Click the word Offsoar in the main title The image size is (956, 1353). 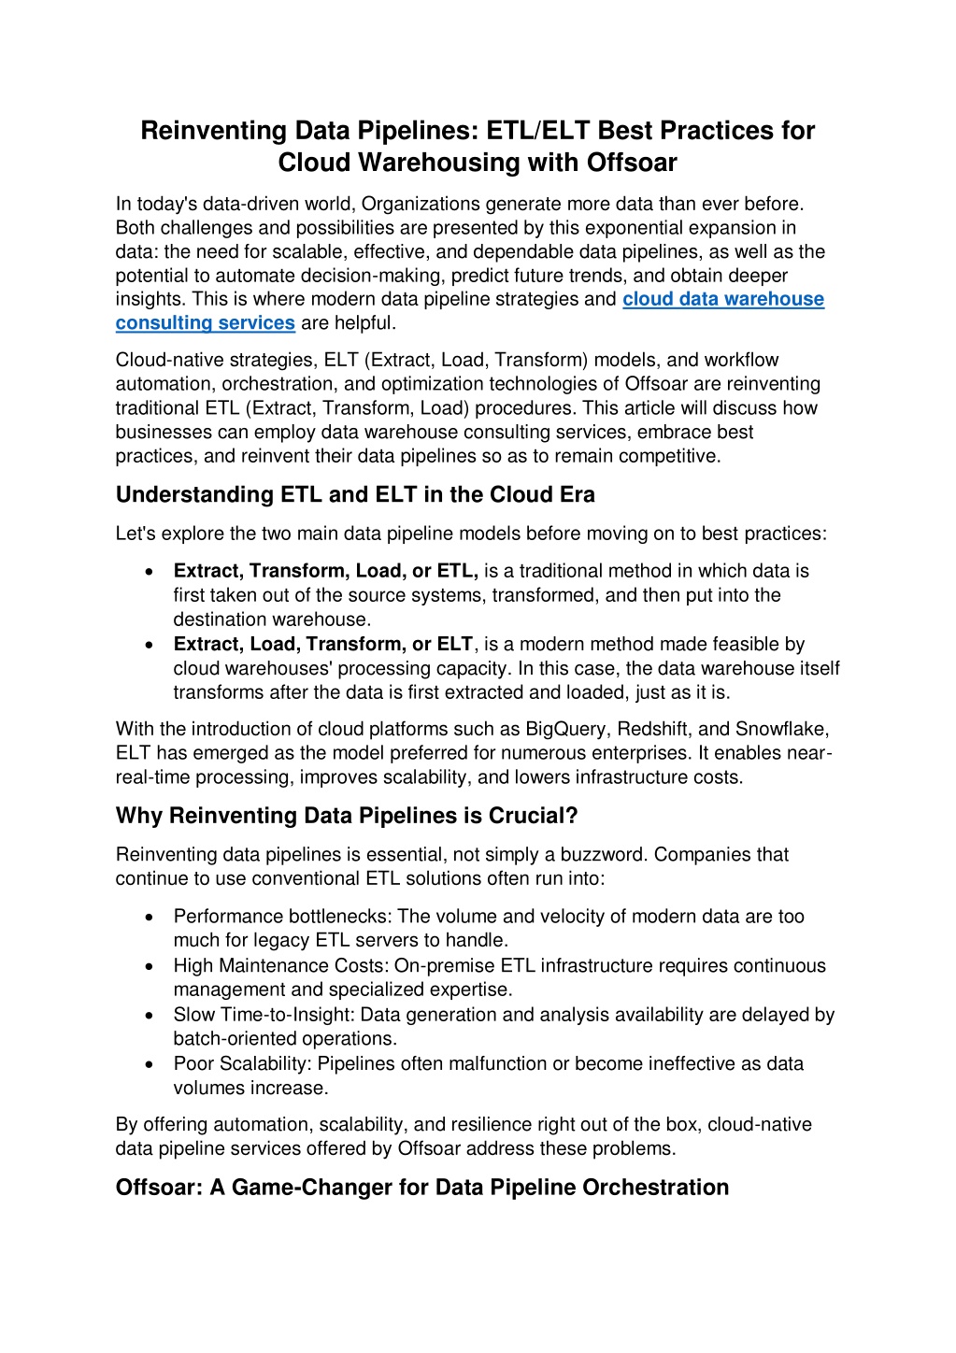(x=632, y=163)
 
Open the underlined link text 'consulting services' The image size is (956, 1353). (x=205, y=323)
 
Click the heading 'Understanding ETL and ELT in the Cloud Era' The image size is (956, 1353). (x=355, y=495)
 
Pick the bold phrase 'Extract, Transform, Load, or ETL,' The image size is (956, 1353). (x=325, y=571)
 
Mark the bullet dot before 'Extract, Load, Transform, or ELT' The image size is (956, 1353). (x=150, y=645)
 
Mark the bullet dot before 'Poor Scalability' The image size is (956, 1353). (x=150, y=1064)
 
